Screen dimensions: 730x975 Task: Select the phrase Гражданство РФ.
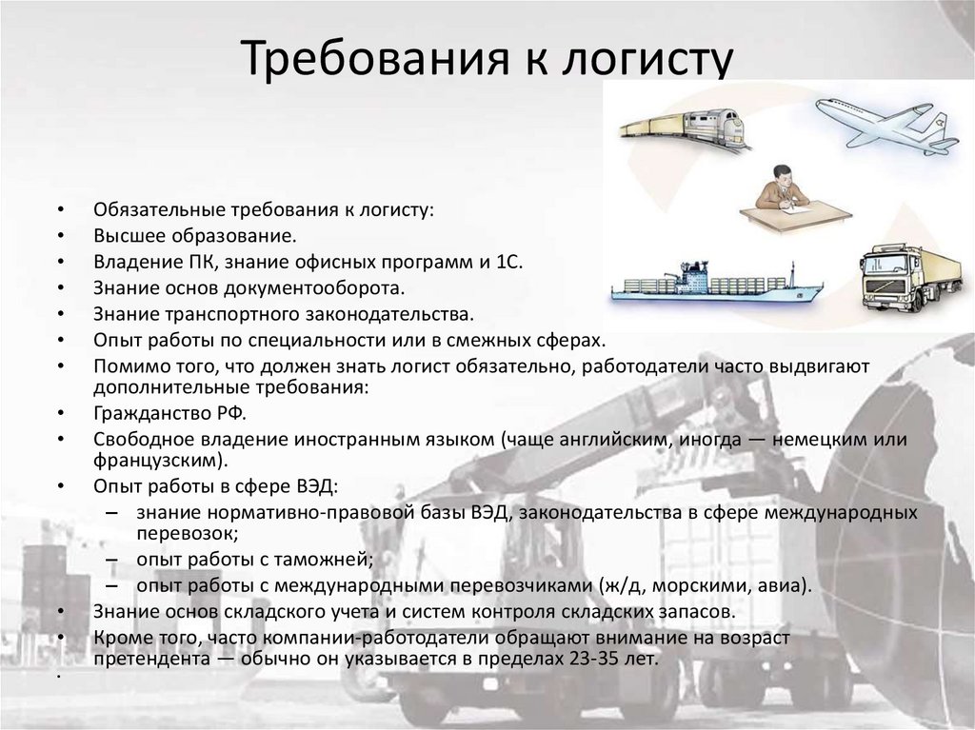[169, 414]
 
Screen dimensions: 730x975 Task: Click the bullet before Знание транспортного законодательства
[60, 313]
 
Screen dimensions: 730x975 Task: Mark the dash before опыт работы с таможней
[113, 560]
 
